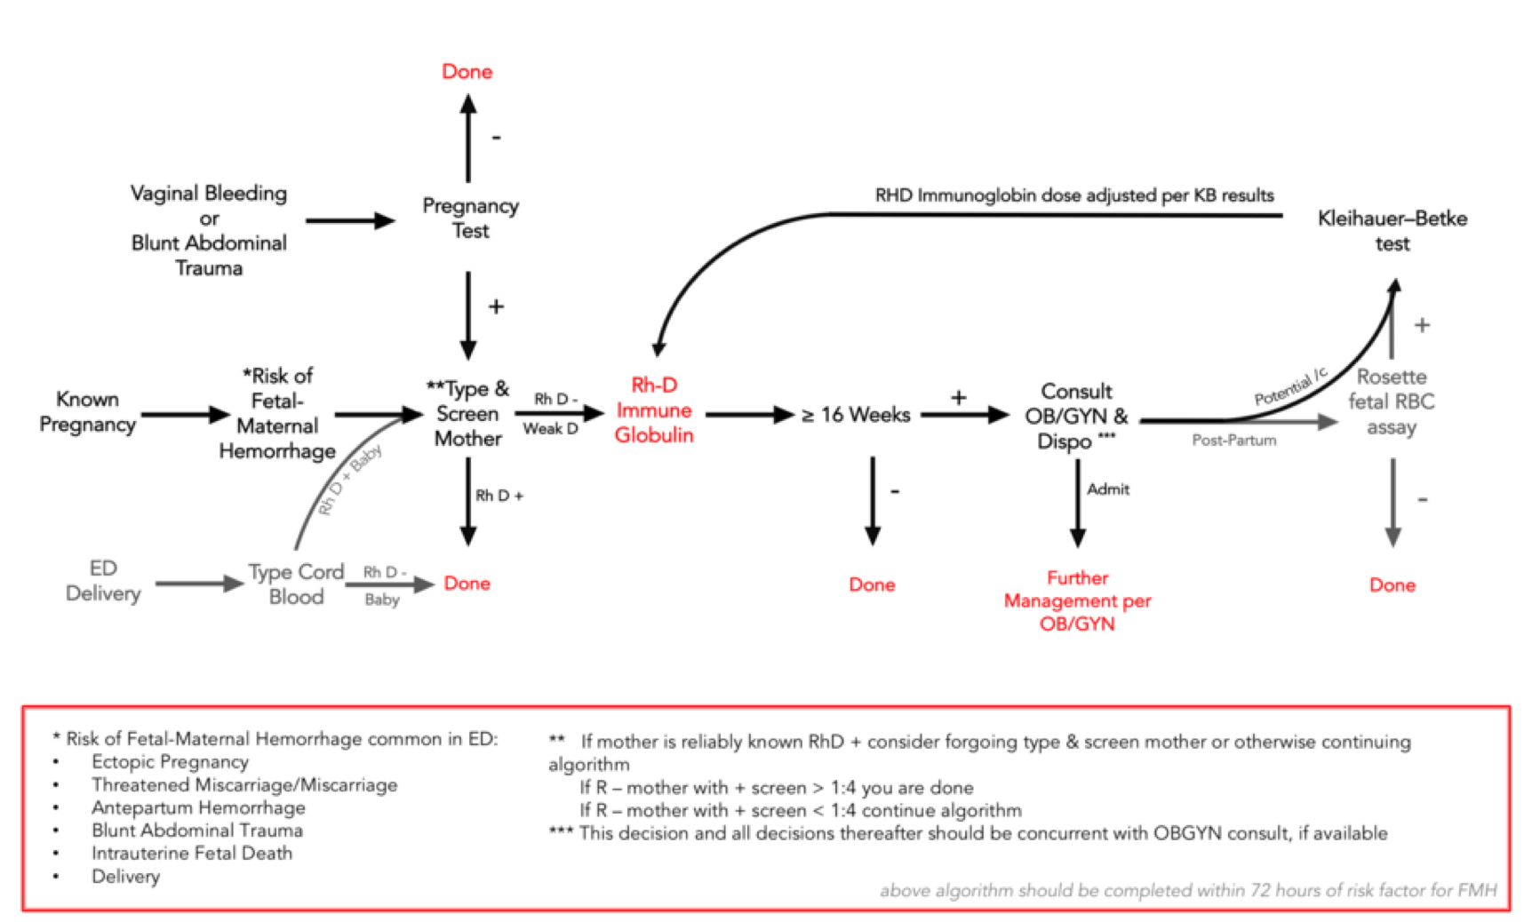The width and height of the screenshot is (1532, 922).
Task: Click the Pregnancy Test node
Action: (x=470, y=218)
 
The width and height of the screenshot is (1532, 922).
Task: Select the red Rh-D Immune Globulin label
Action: (x=654, y=409)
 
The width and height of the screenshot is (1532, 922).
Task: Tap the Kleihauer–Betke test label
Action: (x=1392, y=230)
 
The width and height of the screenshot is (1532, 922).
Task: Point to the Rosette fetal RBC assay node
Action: (x=1391, y=402)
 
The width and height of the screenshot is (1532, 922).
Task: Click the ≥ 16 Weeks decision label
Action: (x=856, y=415)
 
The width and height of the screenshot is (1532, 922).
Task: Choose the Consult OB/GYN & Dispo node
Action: (x=1076, y=416)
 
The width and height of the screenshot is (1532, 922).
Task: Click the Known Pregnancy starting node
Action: (x=87, y=411)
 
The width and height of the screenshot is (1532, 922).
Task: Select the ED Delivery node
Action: (x=103, y=581)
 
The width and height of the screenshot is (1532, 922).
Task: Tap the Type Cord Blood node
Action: (x=296, y=584)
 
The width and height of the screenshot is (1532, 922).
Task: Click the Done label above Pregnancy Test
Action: (x=467, y=72)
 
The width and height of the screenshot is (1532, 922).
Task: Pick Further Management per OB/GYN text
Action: (x=1077, y=600)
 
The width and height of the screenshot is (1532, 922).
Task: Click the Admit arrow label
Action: (x=1108, y=489)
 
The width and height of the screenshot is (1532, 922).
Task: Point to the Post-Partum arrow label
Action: (x=1233, y=441)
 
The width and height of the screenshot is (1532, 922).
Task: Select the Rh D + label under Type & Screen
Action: (x=499, y=496)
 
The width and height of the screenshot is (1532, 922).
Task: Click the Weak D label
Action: (x=550, y=429)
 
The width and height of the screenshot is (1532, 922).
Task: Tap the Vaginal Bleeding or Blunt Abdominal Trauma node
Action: (x=209, y=230)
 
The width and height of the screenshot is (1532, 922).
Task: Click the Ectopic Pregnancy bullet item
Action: (x=170, y=762)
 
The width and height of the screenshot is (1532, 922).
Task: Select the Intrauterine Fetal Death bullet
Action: (x=192, y=854)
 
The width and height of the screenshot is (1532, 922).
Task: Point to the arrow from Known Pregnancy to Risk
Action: (x=185, y=414)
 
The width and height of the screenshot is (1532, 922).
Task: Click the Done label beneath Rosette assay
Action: (x=1392, y=585)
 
